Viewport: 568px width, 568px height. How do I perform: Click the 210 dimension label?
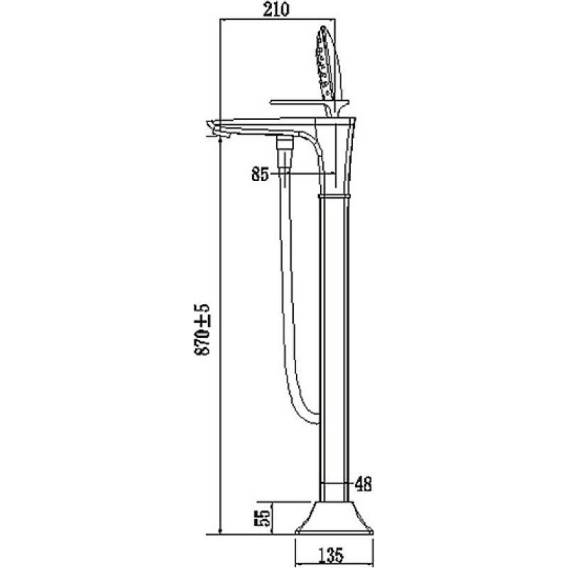(x=276, y=10)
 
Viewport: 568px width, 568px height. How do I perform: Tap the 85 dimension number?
(x=260, y=175)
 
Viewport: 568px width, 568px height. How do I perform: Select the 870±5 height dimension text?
(x=202, y=329)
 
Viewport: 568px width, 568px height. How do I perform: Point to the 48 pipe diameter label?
(x=364, y=484)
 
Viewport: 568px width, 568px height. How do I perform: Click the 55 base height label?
(x=264, y=518)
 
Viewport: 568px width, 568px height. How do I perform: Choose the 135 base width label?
(x=331, y=555)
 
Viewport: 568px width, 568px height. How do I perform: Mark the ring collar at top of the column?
(x=334, y=196)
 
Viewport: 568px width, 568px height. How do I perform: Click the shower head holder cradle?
(x=335, y=108)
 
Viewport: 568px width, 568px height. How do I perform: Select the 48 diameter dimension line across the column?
(x=335, y=483)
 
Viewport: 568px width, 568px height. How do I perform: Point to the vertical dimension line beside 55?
(x=271, y=518)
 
